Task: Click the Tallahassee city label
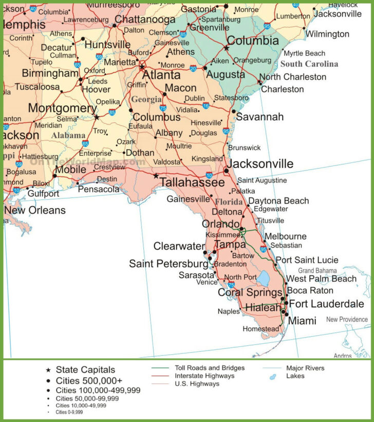(192, 182)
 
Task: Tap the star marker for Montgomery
(96, 117)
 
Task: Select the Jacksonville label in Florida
(260, 164)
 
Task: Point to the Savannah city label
(259, 117)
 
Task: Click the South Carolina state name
(309, 64)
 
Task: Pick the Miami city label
(302, 321)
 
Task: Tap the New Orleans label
(35, 210)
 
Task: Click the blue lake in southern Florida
(263, 279)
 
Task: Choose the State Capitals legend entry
(85, 370)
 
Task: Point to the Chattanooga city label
(145, 19)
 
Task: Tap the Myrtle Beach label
(305, 53)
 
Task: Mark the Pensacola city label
(99, 189)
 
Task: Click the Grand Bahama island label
(317, 270)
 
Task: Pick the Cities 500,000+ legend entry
(89, 381)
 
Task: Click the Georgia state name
(146, 100)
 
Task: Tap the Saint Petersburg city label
(169, 264)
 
